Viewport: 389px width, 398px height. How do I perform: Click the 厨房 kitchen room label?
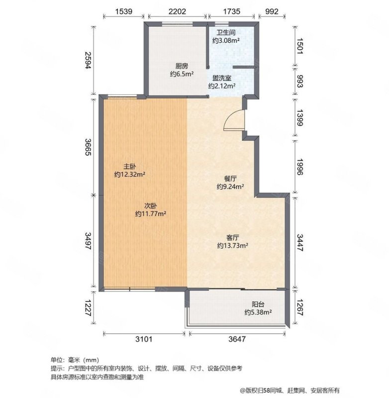pyautogui.click(x=182, y=66)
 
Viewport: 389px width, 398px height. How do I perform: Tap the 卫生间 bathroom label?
pyautogui.click(x=226, y=32)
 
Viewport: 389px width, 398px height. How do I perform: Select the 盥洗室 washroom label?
pyautogui.click(x=222, y=78)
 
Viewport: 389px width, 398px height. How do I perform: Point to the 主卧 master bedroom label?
pyautogui.click(x=130, y=167)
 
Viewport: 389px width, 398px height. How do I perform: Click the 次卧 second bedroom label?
pyautogui.click(x=150, y=205)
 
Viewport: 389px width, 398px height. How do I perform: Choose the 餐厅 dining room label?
pyautogui.click(x=230, y=179)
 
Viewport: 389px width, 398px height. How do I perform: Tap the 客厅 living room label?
pyautogui.click(x=232, y=238)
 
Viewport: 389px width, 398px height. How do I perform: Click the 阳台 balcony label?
pyautogui.click(x=258, y=304)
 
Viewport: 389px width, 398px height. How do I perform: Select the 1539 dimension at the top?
pyautogui.click(x=123, y=11)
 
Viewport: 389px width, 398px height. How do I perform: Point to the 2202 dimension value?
pyautogui.click(x=177, y=11)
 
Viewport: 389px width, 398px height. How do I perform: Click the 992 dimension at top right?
pyautogui.click(x=272, y=11)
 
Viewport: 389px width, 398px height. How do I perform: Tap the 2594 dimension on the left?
pyautogui.click(x=88, y=60)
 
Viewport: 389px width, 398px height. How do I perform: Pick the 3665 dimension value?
pyautogui.click(x=88, y=147)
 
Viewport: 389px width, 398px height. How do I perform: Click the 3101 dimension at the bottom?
pyautogui.click(x=144, y=339)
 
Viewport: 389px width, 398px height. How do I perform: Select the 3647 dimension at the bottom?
pyautogui.click(x=237, y=339)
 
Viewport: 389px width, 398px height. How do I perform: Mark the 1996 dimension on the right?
pyautogui.click(x=300, y=167)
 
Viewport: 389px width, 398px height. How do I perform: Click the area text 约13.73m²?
pyautogui.click(x=232, y=246)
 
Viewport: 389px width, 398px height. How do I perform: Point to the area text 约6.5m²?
pyautogui.click(x=182, y=74)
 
